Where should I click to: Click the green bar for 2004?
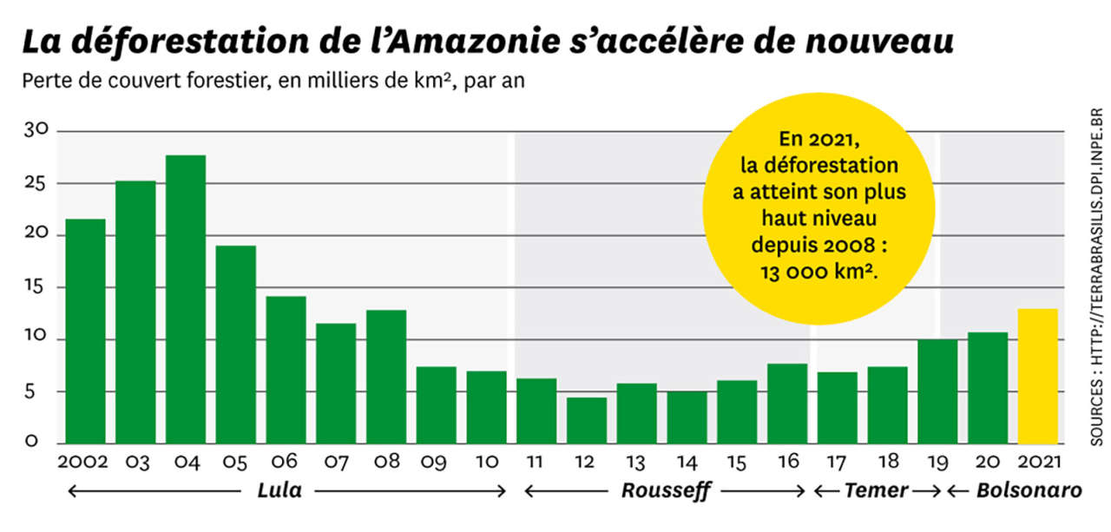tap(186, 299)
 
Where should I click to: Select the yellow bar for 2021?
tap(1037, 376)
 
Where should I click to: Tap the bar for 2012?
tap(587, 420)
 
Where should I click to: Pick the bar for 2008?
tap(386, 377)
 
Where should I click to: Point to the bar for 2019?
tap(937, 391)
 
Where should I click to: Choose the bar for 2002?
tap(86, 331)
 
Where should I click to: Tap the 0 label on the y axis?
tap(32, 442)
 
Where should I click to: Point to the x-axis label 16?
tap(787, 462)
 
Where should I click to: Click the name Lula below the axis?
tap(279, 491)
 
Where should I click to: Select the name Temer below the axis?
tap(876, 491)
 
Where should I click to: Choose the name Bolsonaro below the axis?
tap(1029, 491)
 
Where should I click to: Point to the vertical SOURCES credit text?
tap(1095, 279)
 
